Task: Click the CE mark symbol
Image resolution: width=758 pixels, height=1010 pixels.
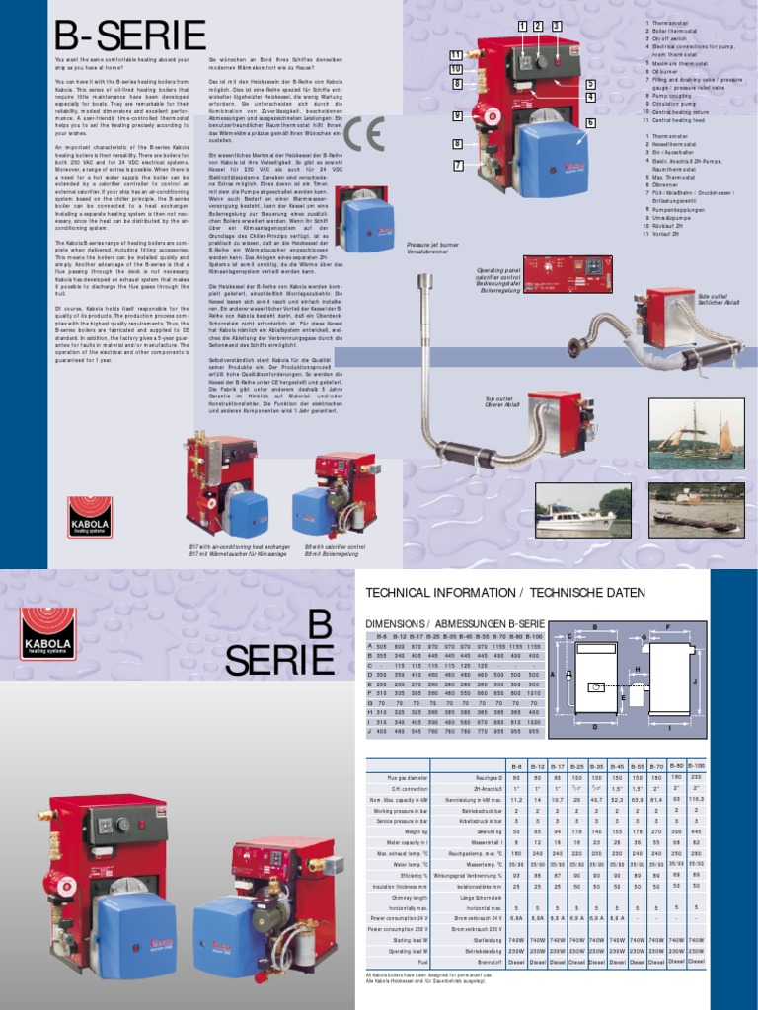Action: (363, 136)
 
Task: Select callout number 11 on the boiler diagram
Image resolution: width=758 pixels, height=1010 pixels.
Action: (455, 54)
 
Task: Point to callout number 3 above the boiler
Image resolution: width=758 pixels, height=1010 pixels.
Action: (556, 26)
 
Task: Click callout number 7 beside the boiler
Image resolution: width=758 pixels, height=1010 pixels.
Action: (457, 165)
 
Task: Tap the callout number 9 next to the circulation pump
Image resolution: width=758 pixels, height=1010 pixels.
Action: (457, 116)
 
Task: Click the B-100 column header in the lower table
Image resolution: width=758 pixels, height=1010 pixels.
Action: (695, 765)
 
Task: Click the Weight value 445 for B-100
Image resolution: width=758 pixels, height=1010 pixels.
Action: (695, 832)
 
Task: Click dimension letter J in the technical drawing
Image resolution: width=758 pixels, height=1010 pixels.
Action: (695, 682)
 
